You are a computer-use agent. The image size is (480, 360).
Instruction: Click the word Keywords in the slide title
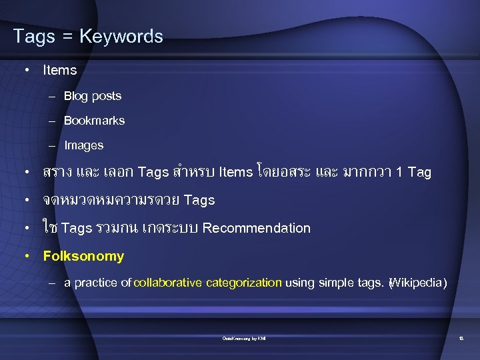tap(121, 36)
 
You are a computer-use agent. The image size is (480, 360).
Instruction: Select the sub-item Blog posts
tap(93, 96)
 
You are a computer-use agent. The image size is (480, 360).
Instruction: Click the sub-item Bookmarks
tap(94, 121)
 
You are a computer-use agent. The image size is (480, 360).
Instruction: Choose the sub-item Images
tap(84, 145)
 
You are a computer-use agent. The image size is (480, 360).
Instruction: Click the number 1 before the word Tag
tap(398, 173)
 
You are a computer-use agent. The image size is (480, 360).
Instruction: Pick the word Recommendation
tap(257, 228)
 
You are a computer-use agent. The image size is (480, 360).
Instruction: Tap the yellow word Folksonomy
tap(83, 256)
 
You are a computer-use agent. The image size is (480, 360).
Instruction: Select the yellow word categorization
tap(244, 283)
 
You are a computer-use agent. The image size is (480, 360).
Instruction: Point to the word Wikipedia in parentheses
tap(416, 283)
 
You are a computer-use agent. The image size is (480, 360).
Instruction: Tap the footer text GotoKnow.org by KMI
tap(244, 339)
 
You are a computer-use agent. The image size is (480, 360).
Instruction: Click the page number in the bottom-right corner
tap(461, 339)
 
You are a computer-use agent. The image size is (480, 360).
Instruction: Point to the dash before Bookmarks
tap(52, 121)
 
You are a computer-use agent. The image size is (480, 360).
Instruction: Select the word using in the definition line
tap(300, 283)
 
